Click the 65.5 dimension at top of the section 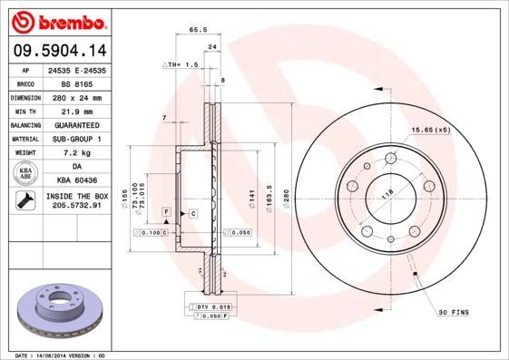tap(193, 30)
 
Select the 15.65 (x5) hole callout tap(431, 130)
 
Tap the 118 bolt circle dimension tap(386, 192)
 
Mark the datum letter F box tap(167, 211)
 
